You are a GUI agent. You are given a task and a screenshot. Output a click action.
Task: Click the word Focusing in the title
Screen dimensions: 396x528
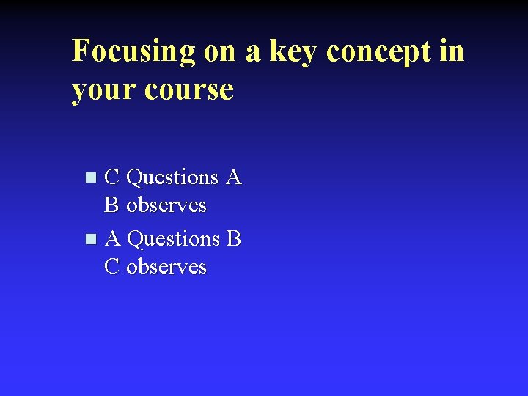click(133, 52)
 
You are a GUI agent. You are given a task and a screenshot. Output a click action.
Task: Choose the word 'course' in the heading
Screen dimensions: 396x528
click(189, 90)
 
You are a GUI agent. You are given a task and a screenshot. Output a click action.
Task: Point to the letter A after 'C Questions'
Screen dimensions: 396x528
click(234, 177)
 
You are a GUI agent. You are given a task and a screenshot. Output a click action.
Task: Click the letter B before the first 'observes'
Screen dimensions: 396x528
click(111, 205)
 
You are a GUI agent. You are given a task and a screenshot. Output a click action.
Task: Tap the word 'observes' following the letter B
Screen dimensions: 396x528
click(166, 205)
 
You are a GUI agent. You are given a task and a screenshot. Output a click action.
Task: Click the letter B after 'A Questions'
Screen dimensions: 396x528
click(234, 238)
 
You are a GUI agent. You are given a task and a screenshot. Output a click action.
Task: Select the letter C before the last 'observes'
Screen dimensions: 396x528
click(112, 266)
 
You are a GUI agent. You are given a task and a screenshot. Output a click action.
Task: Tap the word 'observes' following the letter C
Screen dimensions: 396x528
click(166, 267)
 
